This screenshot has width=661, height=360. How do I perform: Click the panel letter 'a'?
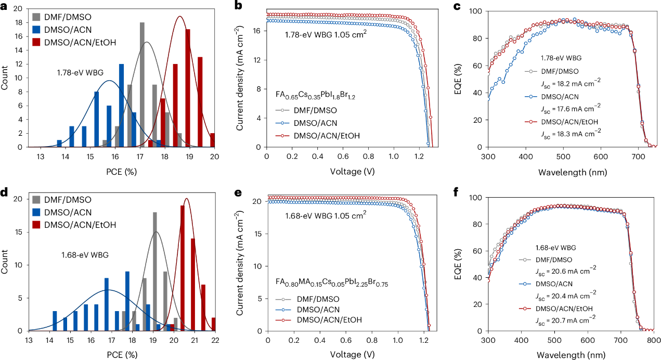pyautogui.click(x=5, y=6)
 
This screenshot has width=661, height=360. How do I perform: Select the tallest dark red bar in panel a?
pyautogui.click(x=188, y=88)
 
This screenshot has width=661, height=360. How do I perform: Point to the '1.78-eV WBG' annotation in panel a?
pyautogui.click(x=74, y=73)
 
